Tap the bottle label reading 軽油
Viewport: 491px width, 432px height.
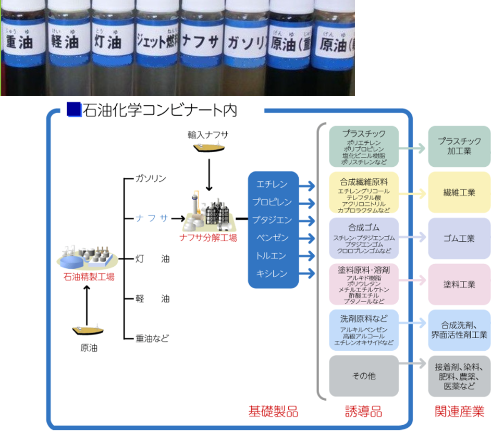point(65,41)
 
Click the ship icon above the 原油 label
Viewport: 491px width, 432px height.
point(87,330)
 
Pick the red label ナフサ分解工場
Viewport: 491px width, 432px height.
point(208,238)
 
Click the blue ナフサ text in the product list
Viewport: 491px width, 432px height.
point(152,218)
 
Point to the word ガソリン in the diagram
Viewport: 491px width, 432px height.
point(150,179)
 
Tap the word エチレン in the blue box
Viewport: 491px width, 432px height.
point(272,184)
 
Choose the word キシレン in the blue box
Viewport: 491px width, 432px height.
point(272,274)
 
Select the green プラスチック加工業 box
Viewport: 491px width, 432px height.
point(459,146)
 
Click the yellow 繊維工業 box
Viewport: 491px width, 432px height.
point(459,192)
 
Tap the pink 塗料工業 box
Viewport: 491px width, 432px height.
point(459,285)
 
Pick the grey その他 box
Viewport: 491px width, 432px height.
point(364,376)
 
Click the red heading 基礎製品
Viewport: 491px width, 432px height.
point(273,411)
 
